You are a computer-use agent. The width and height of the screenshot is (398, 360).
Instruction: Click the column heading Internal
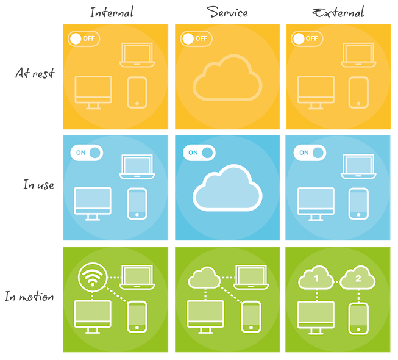pyautogui.click(x=112, y=12)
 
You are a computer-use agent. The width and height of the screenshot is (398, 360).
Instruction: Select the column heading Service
pyautogui.click(x=227, y=12)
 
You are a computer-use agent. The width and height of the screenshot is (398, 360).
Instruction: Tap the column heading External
pyautogui.click(x=338, y=13)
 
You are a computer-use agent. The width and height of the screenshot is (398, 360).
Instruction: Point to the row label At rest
pyautogui.click(x=35, y=73)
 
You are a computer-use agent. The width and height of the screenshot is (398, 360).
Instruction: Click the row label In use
pyautogui.click(x=38, y=184)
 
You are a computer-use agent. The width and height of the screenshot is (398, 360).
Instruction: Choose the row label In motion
pyautogui.click(x=29, y=296)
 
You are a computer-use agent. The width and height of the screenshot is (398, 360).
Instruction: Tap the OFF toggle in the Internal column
pyautogui.click(x=84, y=38)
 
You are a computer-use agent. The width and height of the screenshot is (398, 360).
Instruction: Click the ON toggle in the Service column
pyautogui.click(x=199, y=153)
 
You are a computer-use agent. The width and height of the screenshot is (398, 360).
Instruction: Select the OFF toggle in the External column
pyautogui.click(x=307, y=38)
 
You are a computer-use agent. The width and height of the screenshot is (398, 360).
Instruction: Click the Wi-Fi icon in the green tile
pyautogui.click(x=93, y=277)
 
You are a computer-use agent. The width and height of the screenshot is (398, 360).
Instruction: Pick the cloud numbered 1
pyautogui.click(x=316, y=278)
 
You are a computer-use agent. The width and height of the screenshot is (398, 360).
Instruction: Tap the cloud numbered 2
pyautogui.click(x=358, y=278)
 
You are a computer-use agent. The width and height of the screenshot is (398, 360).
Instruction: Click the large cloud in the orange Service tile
pyautogui.click(x=227, y=77)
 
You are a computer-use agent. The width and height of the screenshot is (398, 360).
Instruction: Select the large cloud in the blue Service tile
pyautogui.click(x=227, y=188)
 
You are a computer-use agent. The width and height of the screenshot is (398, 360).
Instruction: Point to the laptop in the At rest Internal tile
pyautogui.click(x=137, y=55)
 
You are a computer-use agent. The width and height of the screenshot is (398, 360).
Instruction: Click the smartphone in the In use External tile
pyautogui.click(x=358, y=204)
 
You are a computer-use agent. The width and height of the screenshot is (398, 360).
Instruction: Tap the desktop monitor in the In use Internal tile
pyautogui.click(x=93, y=204)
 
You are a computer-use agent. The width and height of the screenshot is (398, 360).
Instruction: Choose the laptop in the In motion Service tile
pyautogui.click(x=251, y=277)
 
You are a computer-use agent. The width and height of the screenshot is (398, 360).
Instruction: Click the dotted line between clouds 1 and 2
pyautogui.click(x=337, y=282)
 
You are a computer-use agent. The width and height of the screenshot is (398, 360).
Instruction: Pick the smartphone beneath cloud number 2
pyautogui.click(x=358, y=319)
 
